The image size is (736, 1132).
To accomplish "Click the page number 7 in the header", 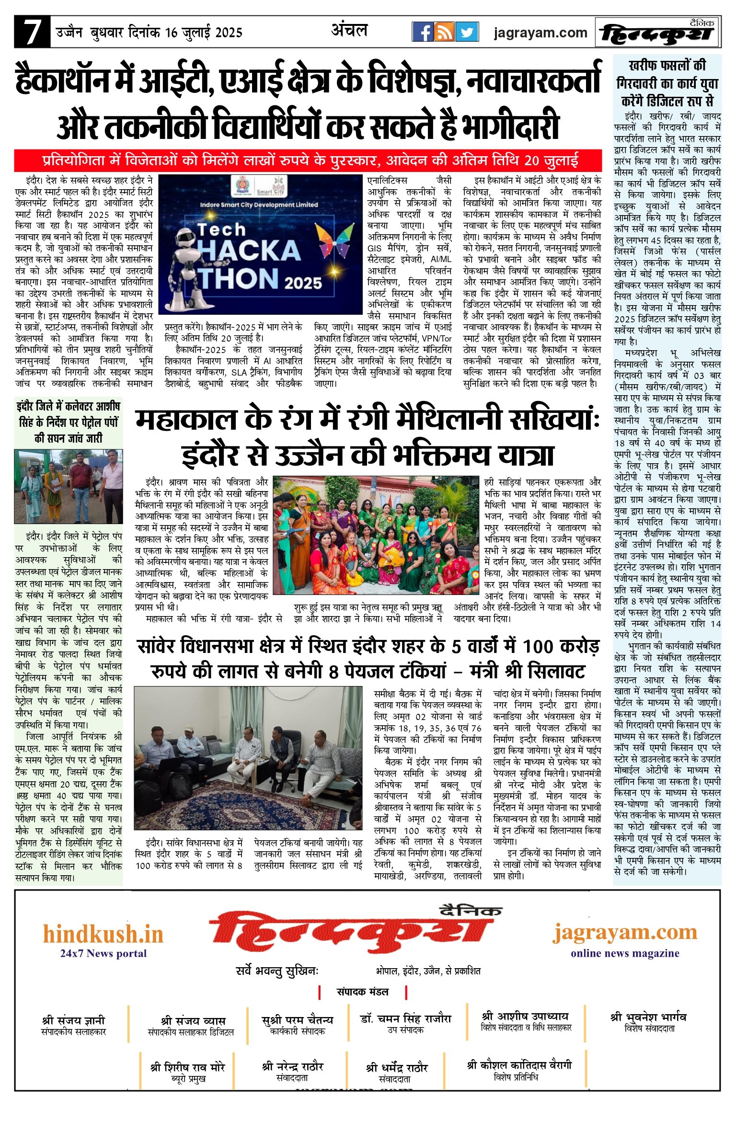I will [32, 32].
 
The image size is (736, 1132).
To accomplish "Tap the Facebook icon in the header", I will [423, 32].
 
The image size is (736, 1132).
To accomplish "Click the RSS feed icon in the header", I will [445, 32].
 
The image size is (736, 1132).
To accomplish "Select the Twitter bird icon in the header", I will [467, 32].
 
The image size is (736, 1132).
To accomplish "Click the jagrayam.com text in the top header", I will [540, 33].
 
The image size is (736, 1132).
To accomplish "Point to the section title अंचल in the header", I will [349, 31].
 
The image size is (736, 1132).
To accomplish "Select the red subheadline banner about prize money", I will [308, 160].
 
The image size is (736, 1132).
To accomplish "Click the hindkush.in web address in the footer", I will [103, 935].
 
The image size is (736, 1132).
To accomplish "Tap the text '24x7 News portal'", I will [103, 953].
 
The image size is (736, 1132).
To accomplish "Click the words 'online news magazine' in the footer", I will [624, 953].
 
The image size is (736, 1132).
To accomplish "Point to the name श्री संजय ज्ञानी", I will [73, 1020].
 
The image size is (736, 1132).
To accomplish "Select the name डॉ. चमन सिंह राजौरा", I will [405, 1018].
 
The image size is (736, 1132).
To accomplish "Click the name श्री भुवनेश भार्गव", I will [648, 1017].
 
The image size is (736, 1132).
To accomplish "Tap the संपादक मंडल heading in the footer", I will [362, 992].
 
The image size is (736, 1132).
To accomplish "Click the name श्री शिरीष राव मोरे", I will [188, 1067].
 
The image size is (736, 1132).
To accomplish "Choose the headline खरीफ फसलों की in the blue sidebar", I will [667, 65].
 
